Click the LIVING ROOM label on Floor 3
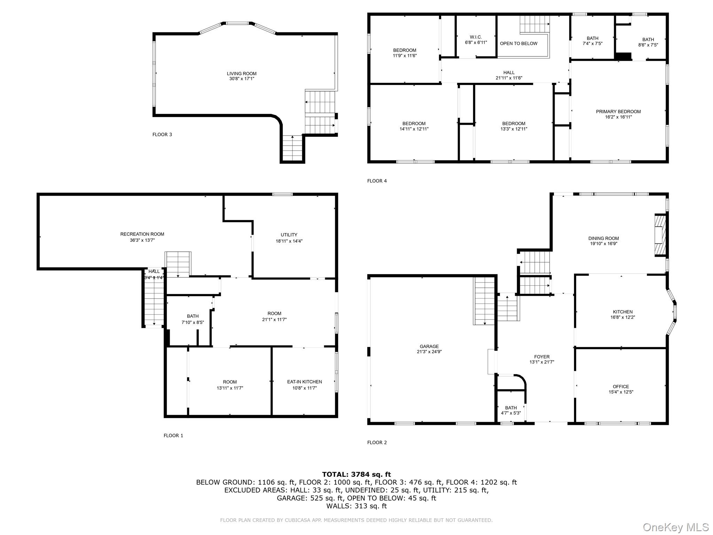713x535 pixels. coord(242,73)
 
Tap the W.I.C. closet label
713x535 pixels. coord(476,37)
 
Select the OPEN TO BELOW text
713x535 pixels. coord(518,44)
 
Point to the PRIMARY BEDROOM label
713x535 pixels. coord(618,112)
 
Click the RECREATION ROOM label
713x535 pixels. coord(142,234)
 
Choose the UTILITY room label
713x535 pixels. coord(289,235)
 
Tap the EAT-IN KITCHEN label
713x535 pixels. coord(304,382)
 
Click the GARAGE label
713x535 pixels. coord(429,346)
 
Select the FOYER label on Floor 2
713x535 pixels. coord(542,357)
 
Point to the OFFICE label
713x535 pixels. coord(621,387)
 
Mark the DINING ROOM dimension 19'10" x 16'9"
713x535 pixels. coord(604,244)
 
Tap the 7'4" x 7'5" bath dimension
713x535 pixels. coord(593,44)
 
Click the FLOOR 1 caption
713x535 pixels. coord(173,435)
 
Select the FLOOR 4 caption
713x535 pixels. coord(377,181)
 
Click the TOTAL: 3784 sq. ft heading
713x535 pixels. coord(356,474)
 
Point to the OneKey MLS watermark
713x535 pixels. coord(675,527)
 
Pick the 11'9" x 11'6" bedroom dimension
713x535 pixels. coord(405,56)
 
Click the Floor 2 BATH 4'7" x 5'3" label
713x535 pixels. coord(511,410)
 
